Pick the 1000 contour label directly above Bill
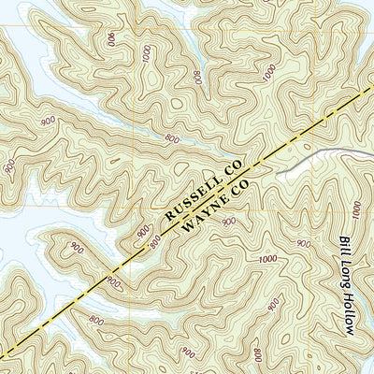point(354,208)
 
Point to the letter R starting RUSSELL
point(169,217)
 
